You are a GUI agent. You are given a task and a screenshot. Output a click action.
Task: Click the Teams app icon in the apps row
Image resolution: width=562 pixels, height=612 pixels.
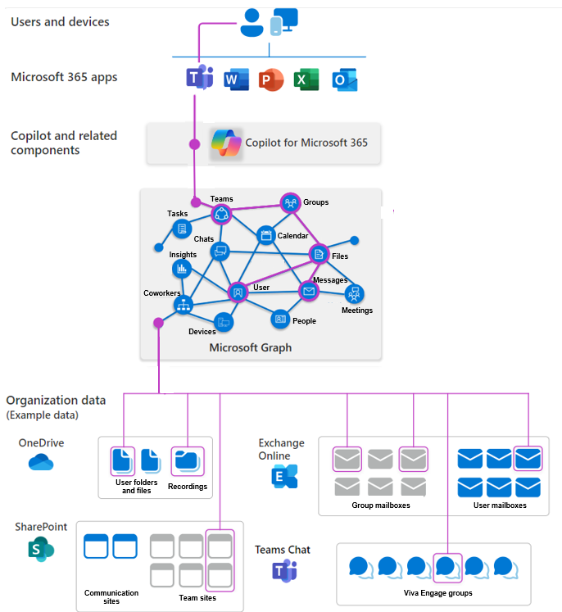point(199,79)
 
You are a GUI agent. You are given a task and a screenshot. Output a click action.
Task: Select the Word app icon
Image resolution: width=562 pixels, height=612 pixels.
point(236,79)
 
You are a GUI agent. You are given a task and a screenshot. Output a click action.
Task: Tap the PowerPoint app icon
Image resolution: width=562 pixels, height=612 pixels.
point(270,79)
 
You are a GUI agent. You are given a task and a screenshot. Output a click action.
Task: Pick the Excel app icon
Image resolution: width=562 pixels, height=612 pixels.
point(306,79)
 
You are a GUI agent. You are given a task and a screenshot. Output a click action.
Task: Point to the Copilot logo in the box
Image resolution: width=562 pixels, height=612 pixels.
point(225,143)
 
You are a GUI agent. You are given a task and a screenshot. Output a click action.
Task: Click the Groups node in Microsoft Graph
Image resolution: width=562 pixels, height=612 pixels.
point(290,202)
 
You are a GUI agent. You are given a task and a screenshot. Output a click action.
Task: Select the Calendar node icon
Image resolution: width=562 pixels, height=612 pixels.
point(266,236)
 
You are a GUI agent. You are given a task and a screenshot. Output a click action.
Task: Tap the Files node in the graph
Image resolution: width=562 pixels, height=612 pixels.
point(319,255)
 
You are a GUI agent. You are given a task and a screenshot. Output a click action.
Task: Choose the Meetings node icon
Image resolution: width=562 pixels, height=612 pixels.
point(355,293)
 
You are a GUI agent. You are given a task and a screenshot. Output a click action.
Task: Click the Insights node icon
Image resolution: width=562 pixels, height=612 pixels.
point(182,269)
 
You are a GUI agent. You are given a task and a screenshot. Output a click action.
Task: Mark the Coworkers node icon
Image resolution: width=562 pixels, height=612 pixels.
point(183,306)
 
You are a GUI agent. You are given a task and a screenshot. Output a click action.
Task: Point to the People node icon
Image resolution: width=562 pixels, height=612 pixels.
point(280,318)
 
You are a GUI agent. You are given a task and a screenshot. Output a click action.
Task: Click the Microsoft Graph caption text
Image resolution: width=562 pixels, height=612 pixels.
point(251,347)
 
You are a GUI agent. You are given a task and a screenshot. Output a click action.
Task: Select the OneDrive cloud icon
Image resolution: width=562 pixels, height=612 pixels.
point(40,464)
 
